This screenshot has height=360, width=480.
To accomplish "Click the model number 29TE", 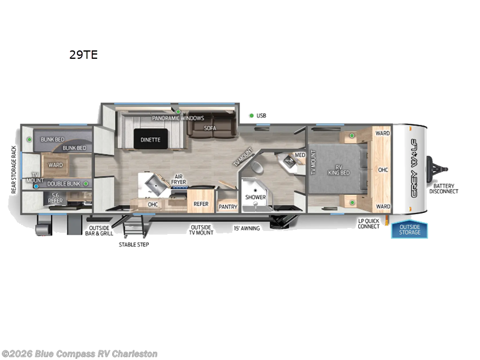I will [84, 55].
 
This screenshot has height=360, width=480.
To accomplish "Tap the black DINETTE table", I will [151, 139].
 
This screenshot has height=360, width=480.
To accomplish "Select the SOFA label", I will [209, 128].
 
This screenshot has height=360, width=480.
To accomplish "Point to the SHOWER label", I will [256, 196].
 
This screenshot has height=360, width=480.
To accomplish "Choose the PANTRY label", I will [228, 206].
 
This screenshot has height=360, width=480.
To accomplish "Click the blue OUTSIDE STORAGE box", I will [410, 229].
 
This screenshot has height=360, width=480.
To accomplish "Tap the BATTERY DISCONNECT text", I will [445, 188].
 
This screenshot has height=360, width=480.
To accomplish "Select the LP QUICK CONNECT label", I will [368, 223].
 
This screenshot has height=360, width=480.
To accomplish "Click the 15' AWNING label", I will [247, 228].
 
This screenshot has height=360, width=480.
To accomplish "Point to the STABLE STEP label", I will [134, 244].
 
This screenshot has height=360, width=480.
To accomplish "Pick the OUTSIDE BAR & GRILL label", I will [101, 230].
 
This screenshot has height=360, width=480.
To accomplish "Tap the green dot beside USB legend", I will [251, 115].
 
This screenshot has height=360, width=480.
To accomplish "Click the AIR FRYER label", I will [179, 178].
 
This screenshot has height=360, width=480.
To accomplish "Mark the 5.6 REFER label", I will [55, 198].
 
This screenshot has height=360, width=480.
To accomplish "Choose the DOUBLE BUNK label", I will [63, 184].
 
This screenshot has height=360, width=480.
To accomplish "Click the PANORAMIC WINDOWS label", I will [178, 118].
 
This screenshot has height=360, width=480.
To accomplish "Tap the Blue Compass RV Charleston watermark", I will [79, 353].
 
